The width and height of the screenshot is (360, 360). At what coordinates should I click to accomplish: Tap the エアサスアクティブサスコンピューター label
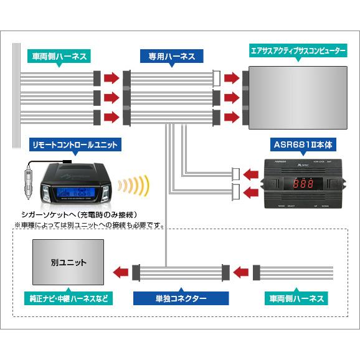click(x=297, y=50)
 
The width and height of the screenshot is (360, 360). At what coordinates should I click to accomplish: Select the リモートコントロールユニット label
click(x=75, y=145)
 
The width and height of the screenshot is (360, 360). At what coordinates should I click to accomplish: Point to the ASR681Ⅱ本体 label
click(x=303, y=144)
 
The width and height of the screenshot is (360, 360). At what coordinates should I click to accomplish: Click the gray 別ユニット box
click(x=69, y=263)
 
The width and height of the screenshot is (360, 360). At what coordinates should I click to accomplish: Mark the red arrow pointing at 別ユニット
click(x=121, y=272)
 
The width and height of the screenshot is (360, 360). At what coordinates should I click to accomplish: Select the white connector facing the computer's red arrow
click(x=217, y=78)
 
